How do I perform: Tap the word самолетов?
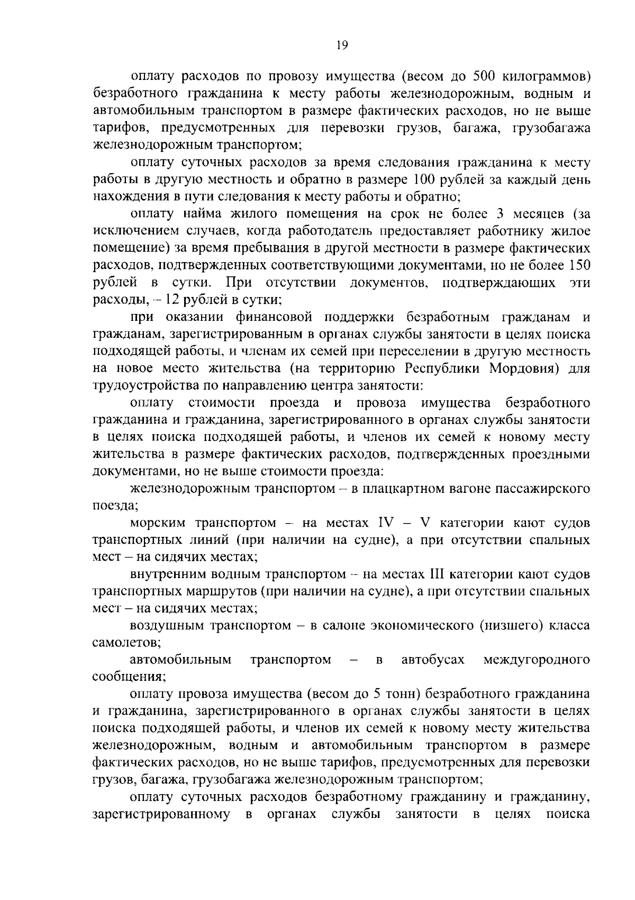[126, 643]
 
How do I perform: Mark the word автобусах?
[433, 660]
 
